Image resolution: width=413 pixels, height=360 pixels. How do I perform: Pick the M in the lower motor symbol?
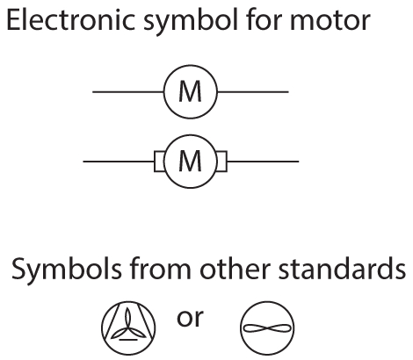191,161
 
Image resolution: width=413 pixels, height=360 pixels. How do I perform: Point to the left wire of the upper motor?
127,91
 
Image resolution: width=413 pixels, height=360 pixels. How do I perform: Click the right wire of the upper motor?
253,91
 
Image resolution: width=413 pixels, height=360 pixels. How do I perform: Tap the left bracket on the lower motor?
160,161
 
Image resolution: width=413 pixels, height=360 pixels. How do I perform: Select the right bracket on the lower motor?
222,161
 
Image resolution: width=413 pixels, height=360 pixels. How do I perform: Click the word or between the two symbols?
190,318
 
